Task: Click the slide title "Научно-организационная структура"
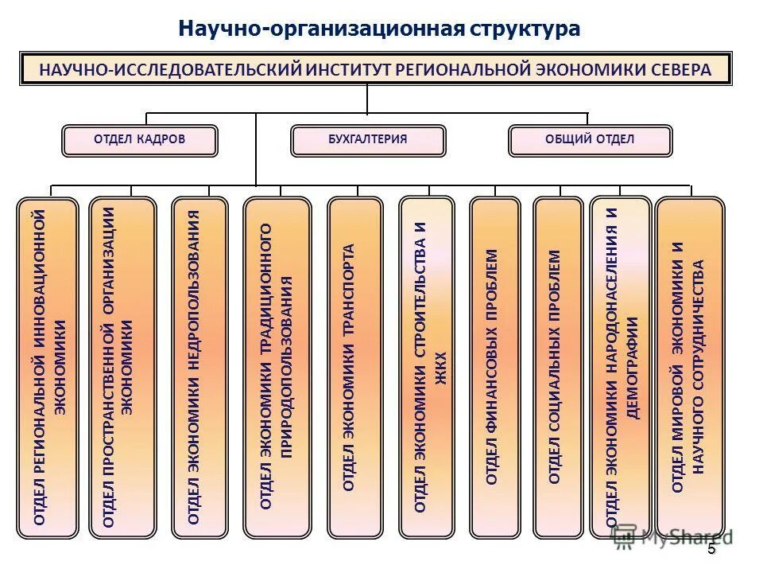point(379,29)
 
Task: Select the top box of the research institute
point(376,69)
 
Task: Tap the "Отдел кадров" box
point(139,140)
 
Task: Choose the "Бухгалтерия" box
point(368,140)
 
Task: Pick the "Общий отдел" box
point(590,140)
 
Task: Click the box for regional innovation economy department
point(48,367)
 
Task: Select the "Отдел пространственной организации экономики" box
point(122,367)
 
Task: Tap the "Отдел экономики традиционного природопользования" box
point(277,367)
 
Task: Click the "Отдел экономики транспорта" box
point(354,367)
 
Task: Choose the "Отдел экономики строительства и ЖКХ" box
point(426,367)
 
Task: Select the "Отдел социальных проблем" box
point(558,367)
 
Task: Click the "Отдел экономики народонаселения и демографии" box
point(621,367)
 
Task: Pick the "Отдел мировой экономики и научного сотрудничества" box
point(689,367)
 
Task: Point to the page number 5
point(711,549)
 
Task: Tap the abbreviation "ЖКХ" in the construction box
point(442,368)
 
